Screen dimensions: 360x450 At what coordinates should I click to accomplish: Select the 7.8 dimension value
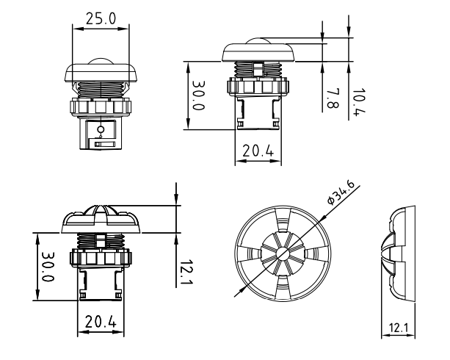(332, 97)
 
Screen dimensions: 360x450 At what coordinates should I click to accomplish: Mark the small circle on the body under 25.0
(100, 129)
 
